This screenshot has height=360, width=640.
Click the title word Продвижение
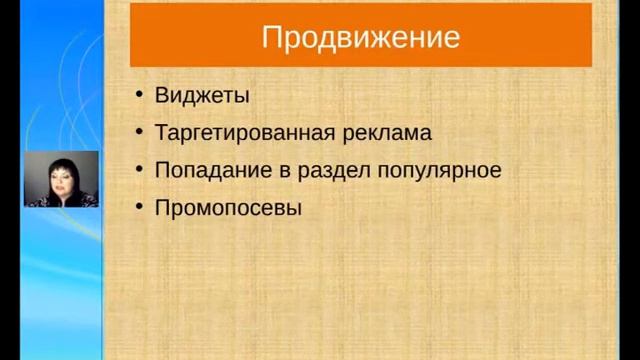tap(360, 38)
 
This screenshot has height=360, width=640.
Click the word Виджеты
tap(202, 96)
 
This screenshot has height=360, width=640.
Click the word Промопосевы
tap(228, 208)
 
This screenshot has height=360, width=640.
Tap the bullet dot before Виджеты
tap(138, 97)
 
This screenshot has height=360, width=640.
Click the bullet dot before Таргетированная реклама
tap(138, 134)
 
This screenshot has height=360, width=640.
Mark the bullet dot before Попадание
tap(138, 171)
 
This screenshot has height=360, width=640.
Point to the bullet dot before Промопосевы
tap(138, 208)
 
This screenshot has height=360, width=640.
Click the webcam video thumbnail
tap(61, 179)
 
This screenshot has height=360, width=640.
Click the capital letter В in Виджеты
tap(162, 96)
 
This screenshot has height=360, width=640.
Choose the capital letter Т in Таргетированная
tap(161, 133)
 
